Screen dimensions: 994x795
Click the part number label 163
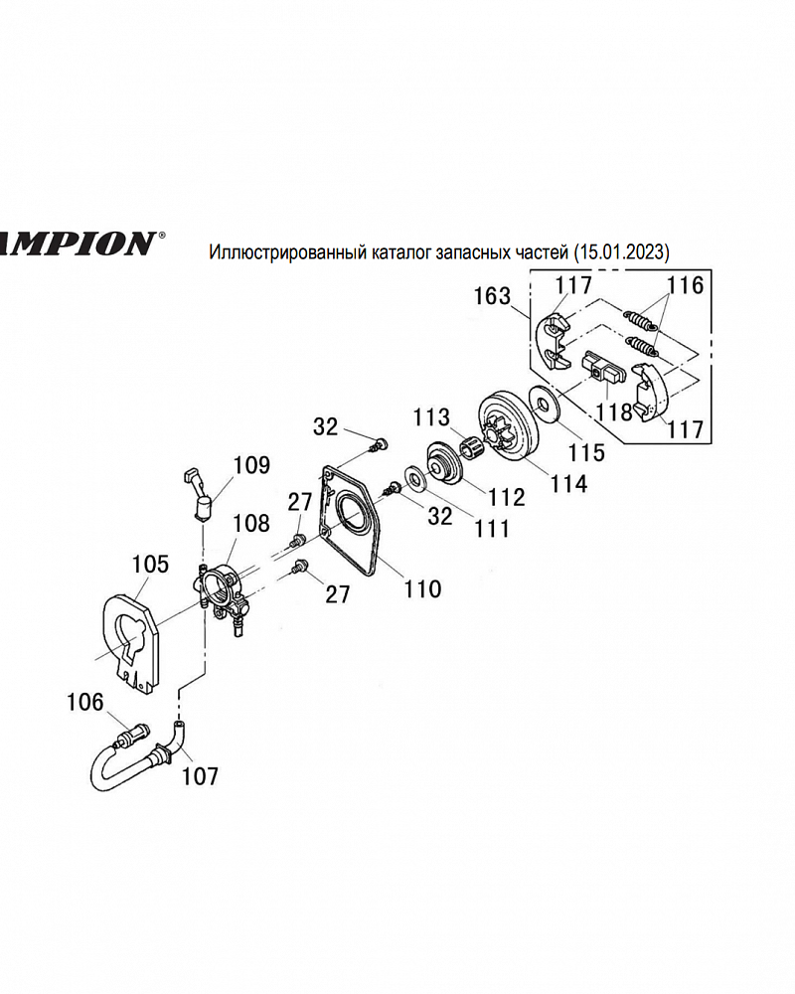(493, 295)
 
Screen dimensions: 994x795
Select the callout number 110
(422, 588)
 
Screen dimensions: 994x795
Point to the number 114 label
(566, 484)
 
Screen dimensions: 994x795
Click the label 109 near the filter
(251, 464)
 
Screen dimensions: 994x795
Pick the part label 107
(200, 775)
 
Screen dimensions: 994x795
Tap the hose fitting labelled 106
(128, 739)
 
